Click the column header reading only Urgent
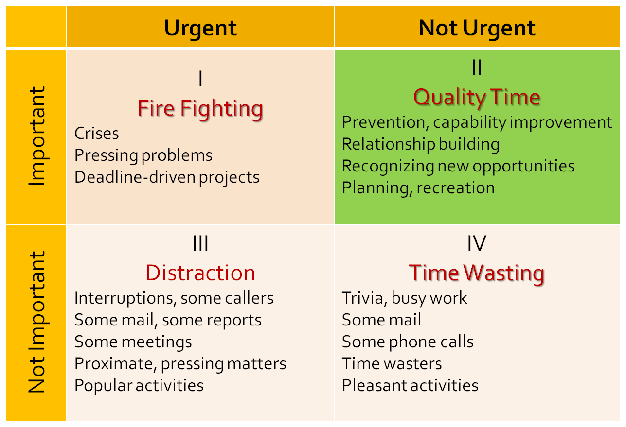(200, 28)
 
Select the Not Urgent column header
(477, 28)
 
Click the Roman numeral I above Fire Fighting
(200, 79)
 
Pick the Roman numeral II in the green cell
(477, 68)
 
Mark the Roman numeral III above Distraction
(200, 244)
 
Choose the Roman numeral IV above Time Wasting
(477, 244)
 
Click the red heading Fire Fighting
(200, 108)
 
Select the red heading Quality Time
(477, 97)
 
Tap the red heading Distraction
(200, 273)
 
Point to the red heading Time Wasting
(477, 273)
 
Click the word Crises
(97, 133)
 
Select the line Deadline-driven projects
(167, 177)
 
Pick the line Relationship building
(421, 144)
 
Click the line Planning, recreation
(418, 188)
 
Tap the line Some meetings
(133, 342)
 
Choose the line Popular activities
(139, 385)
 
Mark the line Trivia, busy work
(405, 298)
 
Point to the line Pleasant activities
(410, 385)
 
